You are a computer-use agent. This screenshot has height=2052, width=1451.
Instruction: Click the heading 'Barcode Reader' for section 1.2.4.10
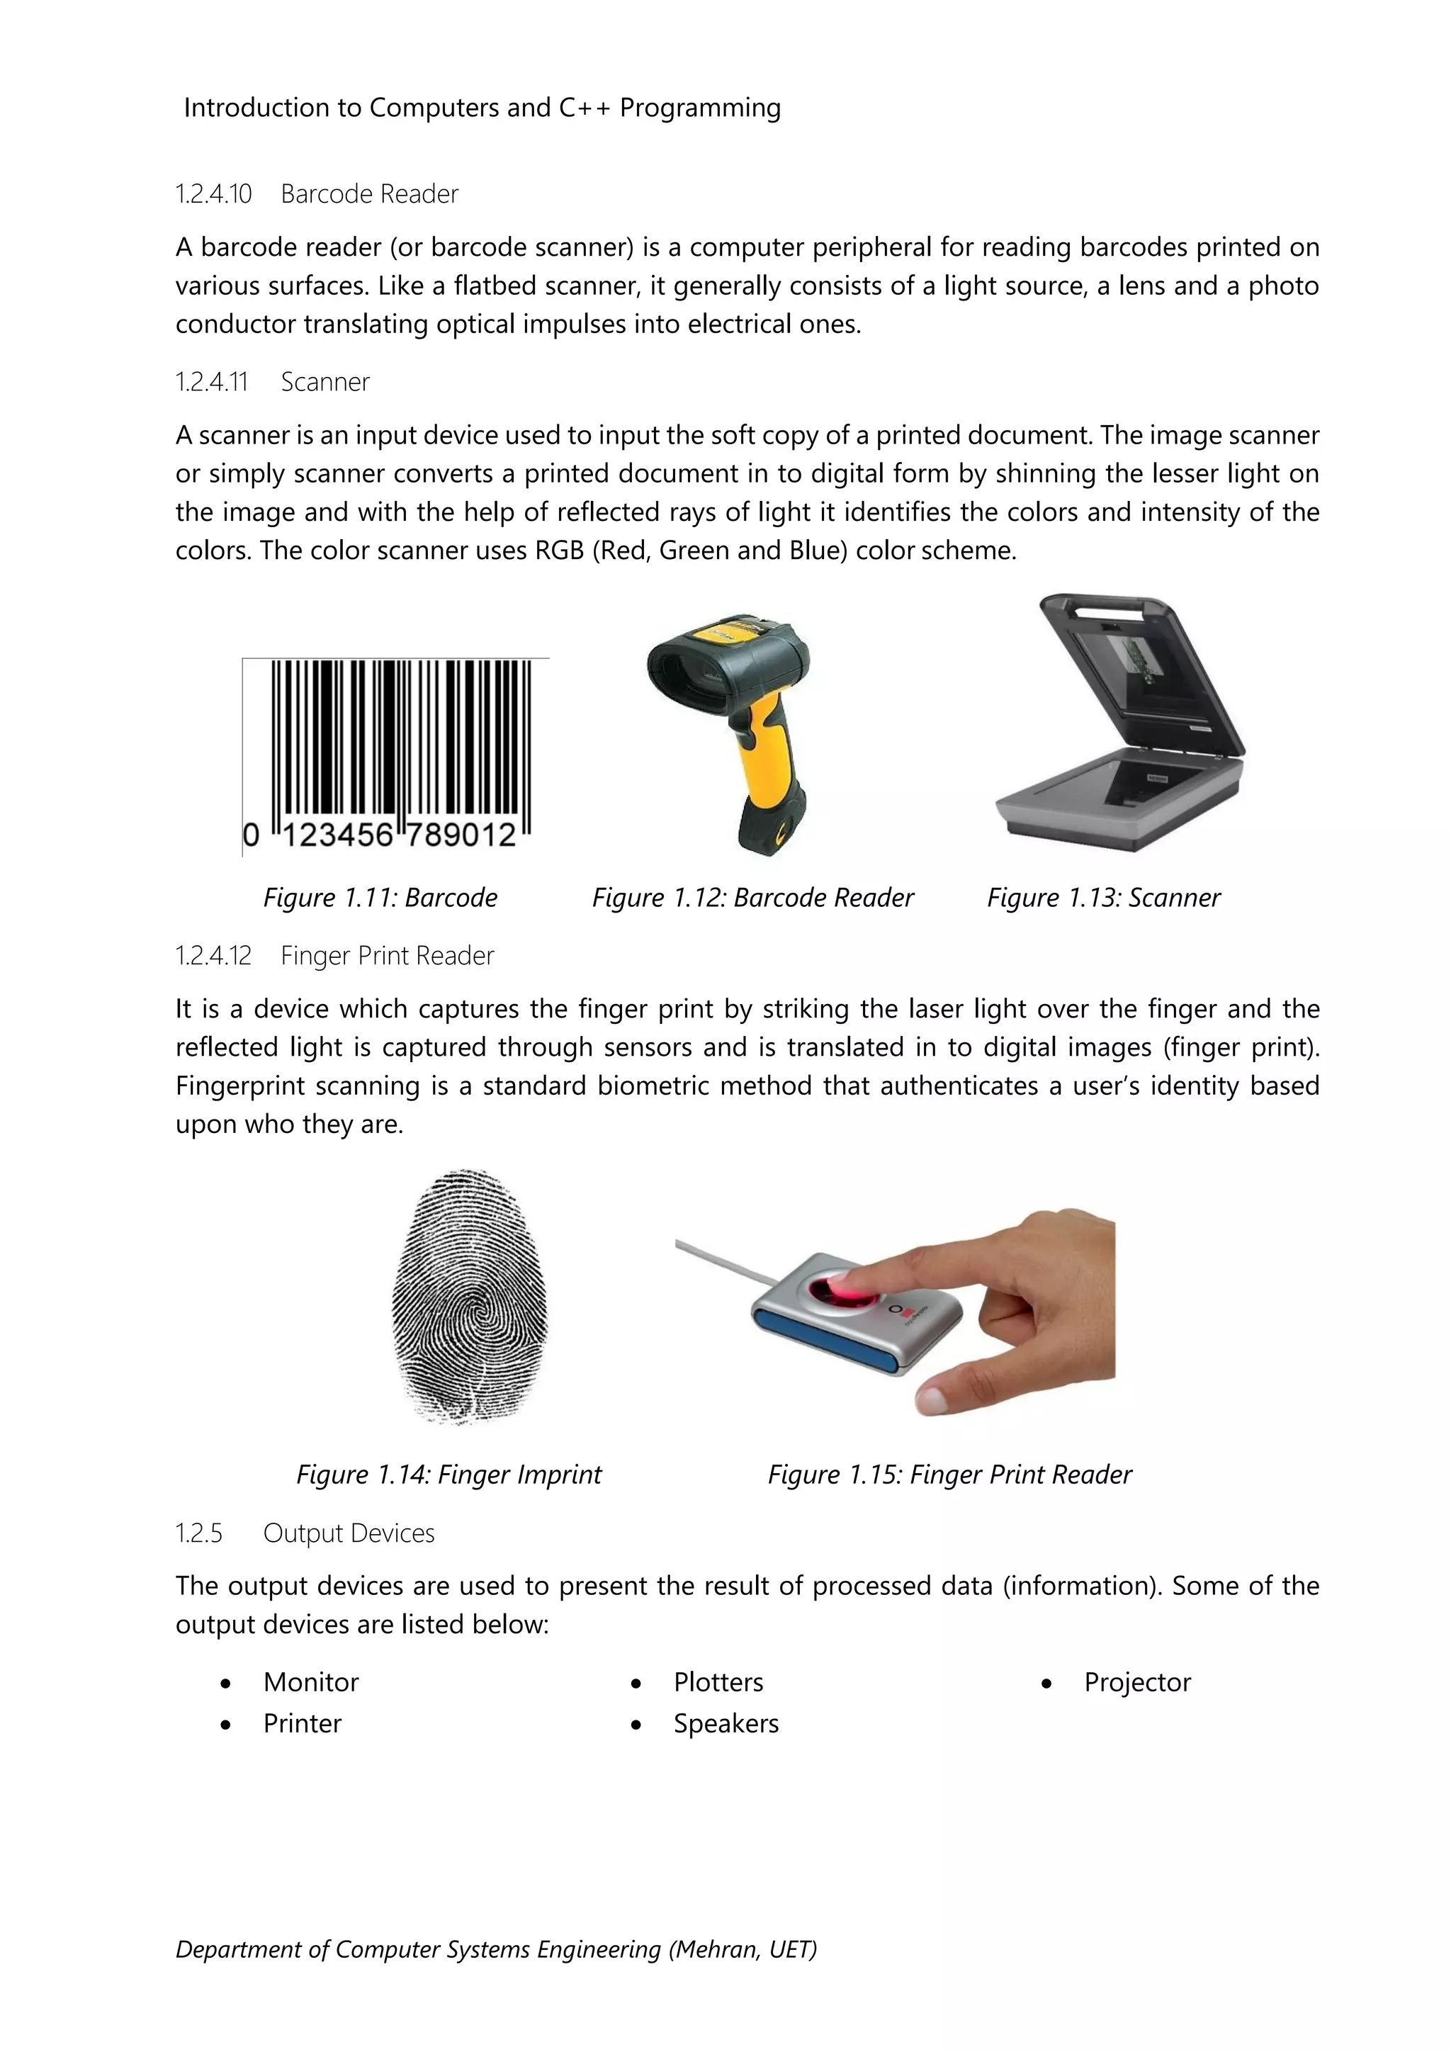[369, 194]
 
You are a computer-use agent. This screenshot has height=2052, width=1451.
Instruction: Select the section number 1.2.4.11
[211, 383]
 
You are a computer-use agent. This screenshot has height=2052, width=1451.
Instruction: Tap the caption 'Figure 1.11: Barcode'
[380, 897]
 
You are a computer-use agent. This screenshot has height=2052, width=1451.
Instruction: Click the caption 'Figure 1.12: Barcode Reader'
[752, 897]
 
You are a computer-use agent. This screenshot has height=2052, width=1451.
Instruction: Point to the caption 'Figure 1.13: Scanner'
[1102, 897]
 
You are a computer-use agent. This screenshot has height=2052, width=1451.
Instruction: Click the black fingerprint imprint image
[469, 1296]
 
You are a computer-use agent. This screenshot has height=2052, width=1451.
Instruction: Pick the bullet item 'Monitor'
[311, 1682]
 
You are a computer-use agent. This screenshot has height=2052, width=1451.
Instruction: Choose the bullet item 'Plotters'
[718, 1682]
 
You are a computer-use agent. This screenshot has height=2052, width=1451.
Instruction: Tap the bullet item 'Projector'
[1137, 1682]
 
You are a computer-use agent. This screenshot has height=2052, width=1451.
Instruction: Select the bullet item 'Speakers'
[725, 1723]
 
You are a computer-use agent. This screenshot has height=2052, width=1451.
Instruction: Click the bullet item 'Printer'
[302, 1723]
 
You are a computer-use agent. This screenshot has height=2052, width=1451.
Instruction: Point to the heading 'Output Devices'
[349, 1533]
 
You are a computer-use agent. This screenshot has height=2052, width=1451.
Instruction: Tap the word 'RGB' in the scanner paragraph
[559, 551]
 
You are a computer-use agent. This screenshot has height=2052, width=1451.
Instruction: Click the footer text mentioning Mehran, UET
[496, 1949]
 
